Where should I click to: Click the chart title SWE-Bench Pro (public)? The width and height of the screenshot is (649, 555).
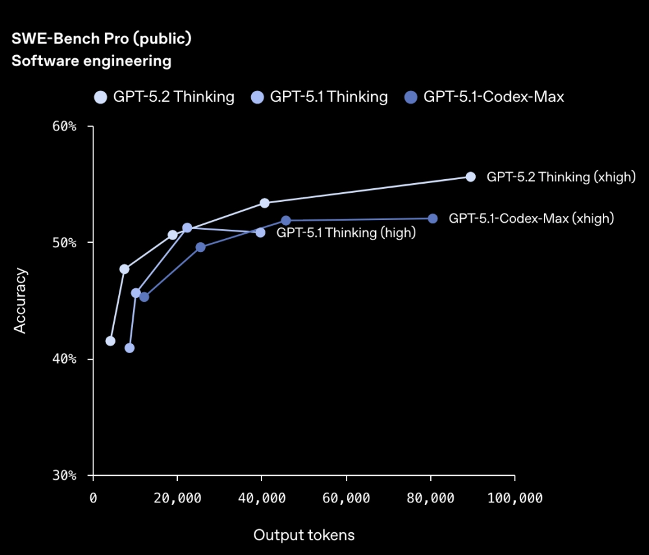tap(101, 39)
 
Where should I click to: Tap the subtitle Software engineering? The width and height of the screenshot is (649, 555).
tap(92, 62)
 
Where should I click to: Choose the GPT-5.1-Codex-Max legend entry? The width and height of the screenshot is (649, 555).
tap(484, 97)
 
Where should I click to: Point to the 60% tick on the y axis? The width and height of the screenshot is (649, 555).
tap(64, 126)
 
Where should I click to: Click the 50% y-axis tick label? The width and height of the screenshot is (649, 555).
tap(64, 243)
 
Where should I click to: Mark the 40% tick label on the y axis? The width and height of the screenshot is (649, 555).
tap(64, 359)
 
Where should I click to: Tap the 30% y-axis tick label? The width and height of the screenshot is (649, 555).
tap(64, 476)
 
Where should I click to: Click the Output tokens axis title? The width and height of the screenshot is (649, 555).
tap(304, 535)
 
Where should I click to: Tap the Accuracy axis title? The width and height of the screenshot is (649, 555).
tap(21, 301)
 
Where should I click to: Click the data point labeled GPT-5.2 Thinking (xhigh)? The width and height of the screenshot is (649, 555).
tap(471, 177)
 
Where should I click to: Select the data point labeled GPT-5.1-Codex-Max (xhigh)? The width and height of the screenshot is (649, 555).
tap(433, 219)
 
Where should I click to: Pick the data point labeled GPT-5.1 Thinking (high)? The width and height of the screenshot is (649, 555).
tap(260, 232)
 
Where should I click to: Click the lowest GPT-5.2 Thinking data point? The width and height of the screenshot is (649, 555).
tap(110, 341)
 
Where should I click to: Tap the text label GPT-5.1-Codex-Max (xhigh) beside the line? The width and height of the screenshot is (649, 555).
tap(531, 219)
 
